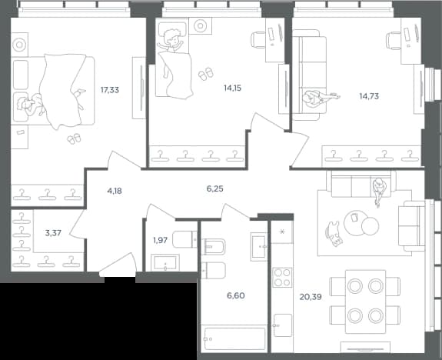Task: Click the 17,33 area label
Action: point(110,90)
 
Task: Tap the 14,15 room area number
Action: point(233,88)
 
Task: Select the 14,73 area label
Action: point(369,96)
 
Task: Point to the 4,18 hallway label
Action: point(115,191)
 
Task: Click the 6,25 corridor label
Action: point(214,188)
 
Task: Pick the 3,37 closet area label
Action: point(53,233)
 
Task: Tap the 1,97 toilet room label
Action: point(160,240)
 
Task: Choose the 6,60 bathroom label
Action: point(236,295)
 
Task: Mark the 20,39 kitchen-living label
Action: point(311,297)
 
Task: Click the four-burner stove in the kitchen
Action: point(282,278)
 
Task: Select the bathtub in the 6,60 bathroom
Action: point(234,338)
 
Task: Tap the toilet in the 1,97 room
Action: point(184,239)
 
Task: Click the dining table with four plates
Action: point(365,302)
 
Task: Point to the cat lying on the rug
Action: point(334,234)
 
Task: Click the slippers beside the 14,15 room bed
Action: point(206,74)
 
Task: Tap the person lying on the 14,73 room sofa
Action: point(321,98)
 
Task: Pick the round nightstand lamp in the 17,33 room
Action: point(19,45)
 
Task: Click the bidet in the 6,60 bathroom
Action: point(214,247)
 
